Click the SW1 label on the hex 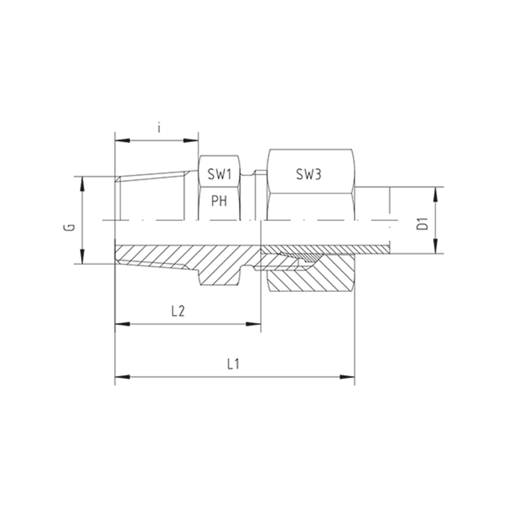point(219,174)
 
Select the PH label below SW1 point(219,202)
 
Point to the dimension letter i point(159,128)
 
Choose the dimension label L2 point(178,311)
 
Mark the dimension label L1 point(233,365)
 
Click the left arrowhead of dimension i point(123,141)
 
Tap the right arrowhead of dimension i point(191,141)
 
